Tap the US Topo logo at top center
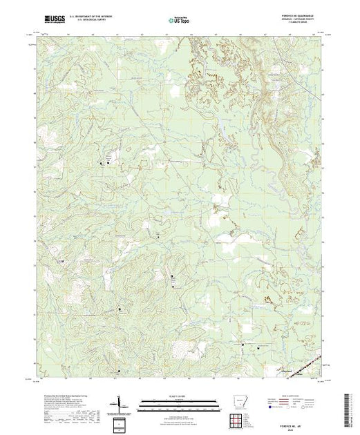coord(179,21)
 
